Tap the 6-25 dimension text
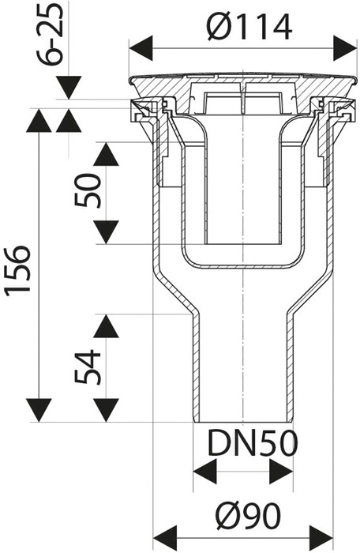pyautogui.click(x=51, y=34)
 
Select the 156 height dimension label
pyautogui.click(x=17, y=269)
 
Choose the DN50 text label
pyautogui.click(x=253, y=443)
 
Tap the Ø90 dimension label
pyautogui.click(x=249, y=517)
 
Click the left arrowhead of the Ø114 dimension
pyautogui.click(x=141, y=48)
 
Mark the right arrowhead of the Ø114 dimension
pyautogui.click(x=345, y=48)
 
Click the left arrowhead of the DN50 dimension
pyautogui.click(x=204, y=472)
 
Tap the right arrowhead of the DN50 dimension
pyautogui.click(x=281, y=472)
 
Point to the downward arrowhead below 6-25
pyautogui.click(x=69, y=88)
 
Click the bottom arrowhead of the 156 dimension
pyautogui.click(x=39, y=410)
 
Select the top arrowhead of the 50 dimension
pyautogui.click(x=106, y=155)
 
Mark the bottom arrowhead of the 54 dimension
pyautogui.click(x=106, y=410)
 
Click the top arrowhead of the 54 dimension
pyautogui.click(x=106, y=326)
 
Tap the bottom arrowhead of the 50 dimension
pyautogui.click(x=106, y=232)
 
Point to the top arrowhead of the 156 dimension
pyautogui.click(x=39, y=121)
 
